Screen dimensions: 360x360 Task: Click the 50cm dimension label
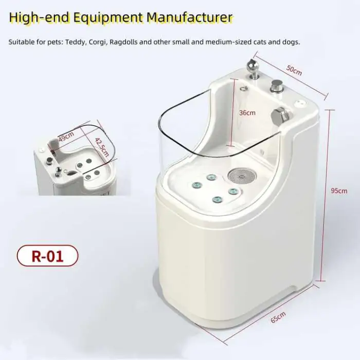click(294, 70)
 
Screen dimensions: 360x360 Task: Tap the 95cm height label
click(339, 191)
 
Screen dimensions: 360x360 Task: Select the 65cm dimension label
click(278, 317)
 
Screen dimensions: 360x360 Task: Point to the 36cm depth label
click(247, 113)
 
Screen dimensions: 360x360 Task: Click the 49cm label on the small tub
click(66, 136)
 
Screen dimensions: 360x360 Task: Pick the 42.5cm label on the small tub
click(102, 147)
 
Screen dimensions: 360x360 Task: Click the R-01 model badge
click(47, 256)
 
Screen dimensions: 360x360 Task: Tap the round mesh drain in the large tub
click(241, 176)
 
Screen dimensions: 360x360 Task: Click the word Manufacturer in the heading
click(189, 17)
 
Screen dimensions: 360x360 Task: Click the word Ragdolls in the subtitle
click(124, 42)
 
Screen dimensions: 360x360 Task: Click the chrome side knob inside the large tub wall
click(280, 116)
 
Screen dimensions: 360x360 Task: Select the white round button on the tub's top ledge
click(300, 103)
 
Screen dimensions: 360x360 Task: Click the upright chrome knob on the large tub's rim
click(277, 85)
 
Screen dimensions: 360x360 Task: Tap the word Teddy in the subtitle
click(76, 43)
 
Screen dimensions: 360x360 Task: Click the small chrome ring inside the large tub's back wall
click(244, 88)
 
